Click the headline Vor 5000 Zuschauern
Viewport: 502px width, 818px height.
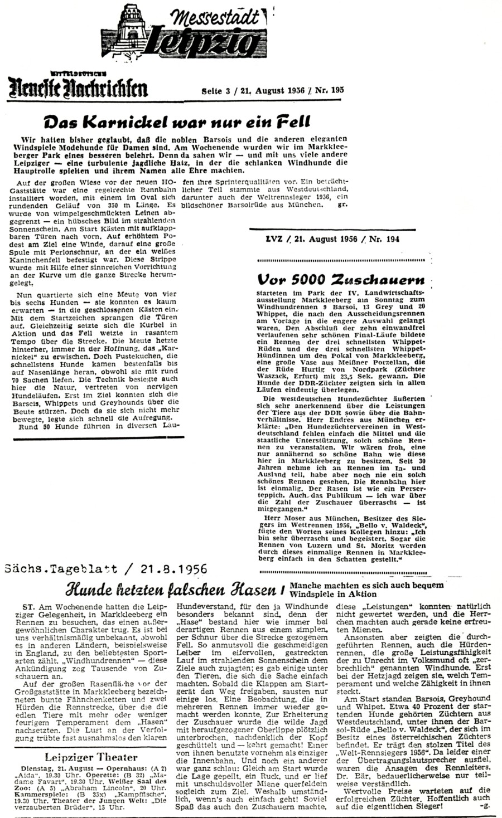pos(340,278)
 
